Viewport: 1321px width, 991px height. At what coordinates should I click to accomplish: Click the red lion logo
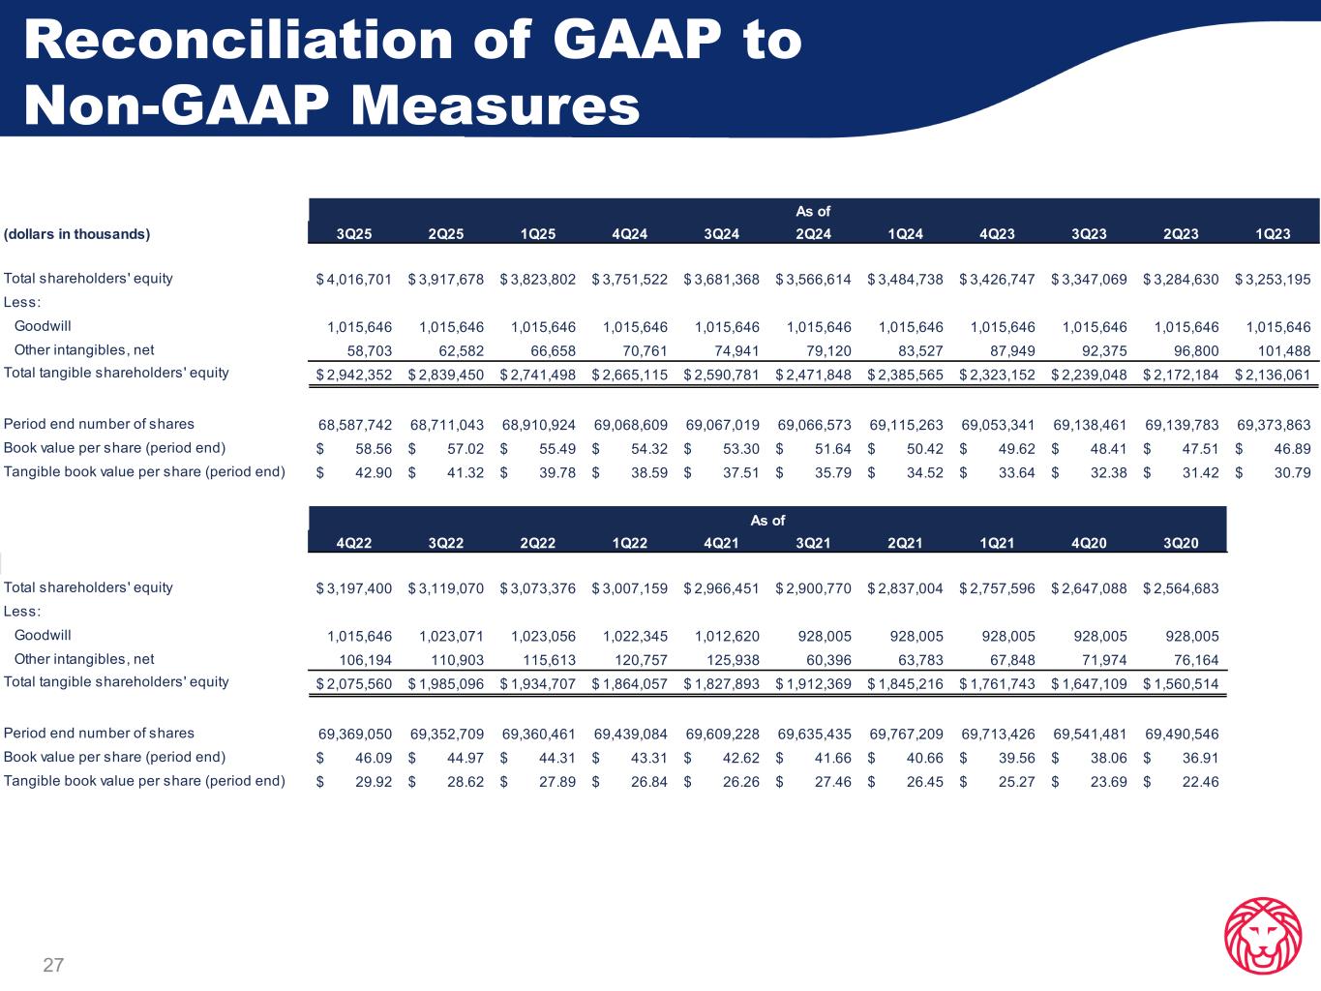coord(1262,935)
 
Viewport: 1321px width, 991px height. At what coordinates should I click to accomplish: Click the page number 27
coord(53,965)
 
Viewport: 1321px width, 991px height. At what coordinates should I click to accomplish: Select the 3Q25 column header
coord(353,234)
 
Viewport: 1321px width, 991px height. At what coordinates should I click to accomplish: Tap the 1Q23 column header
coord(1273,234)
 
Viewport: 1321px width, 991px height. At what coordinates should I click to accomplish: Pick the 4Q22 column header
coord(353,543)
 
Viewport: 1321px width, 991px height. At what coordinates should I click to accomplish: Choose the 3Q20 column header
coord(1181,543)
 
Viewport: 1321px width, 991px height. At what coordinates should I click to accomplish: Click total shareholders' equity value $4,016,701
coord(354,280)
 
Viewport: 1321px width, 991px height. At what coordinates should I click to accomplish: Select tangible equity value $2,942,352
coord(354,375)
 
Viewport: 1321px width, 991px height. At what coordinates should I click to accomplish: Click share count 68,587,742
coord(355,425)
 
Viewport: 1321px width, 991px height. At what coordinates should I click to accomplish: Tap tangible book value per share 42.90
coord(373,472)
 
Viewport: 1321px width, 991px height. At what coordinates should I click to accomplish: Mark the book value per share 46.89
coord(1292,449)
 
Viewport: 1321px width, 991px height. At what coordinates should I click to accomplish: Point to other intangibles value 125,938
coord(727,660)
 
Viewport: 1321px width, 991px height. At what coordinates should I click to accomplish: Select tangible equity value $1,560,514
coord(1181,684)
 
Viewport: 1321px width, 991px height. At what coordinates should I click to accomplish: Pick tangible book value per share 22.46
coord(1200,781)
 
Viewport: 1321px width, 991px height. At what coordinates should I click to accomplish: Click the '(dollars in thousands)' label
coord(77,234)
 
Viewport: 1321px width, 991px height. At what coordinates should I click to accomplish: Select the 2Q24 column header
coord(813,234)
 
